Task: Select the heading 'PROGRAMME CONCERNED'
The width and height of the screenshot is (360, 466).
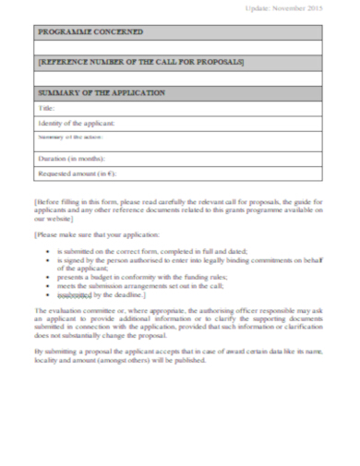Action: coord(90,31)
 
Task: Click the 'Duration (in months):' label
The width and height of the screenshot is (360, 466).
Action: coord(68,158)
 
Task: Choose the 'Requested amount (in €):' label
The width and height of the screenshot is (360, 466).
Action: coord(78,173)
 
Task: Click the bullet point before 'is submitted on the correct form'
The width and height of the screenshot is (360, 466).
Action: coord(48,251)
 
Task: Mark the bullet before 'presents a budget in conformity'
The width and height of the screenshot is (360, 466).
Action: coord(48,276)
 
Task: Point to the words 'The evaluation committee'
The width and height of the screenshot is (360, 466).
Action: coord(75,311)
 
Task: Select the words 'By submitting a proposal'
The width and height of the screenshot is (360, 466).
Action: coord(74,352)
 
